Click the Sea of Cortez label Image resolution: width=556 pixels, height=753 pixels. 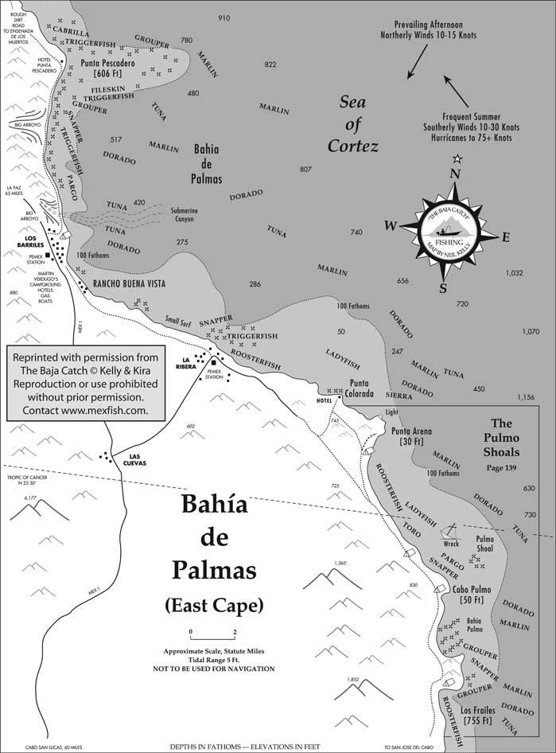click(353, 123)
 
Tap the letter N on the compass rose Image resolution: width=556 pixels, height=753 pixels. click(456, 174)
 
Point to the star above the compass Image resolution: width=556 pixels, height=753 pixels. click(457, 158)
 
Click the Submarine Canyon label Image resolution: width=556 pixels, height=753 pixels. click(188, 215)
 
